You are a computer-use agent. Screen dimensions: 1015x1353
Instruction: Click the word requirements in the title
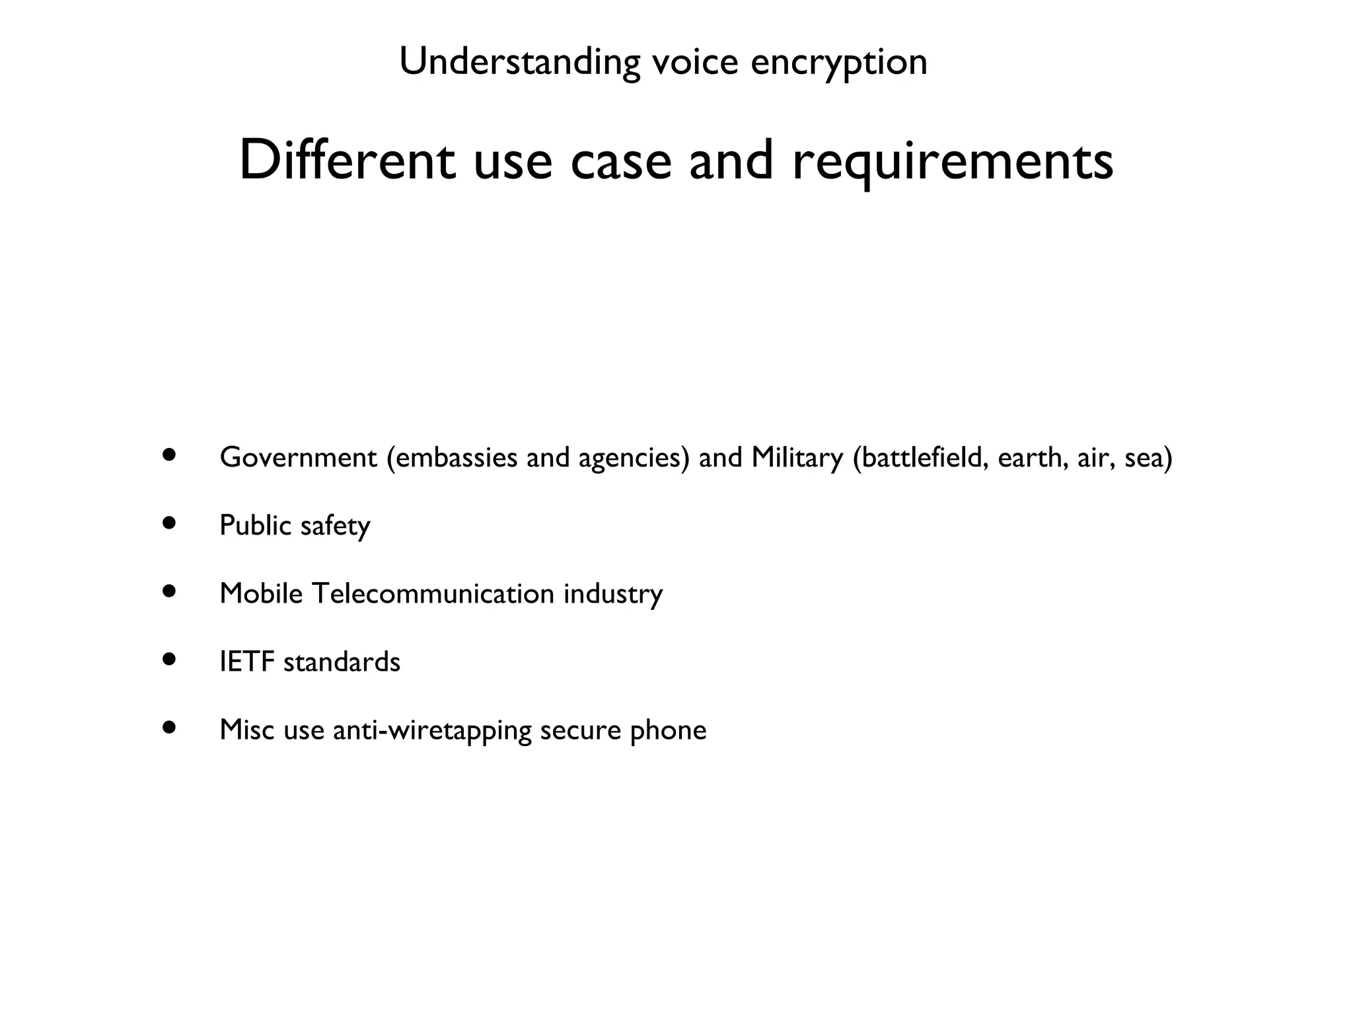pyautogui.click(x=953, y=162)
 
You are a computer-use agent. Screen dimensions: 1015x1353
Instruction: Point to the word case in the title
pyautogui.click(x=620, y=162)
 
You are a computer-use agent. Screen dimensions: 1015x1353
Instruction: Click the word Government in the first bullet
pyautogui.click(x=298, y=457)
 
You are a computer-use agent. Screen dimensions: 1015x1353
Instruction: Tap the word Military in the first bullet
pyautogui.click(x=797, y=457)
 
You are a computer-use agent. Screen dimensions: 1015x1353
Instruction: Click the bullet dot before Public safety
pyautogui.click(x=170, y=523)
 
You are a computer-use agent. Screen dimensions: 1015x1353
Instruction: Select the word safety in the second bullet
pyautogui.click(x=335, y=526)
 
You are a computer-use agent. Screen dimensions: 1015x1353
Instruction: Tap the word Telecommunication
pyautogui.click(x=433, y=593)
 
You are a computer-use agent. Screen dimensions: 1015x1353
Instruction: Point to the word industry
pyautogui.click(x=612, y=593)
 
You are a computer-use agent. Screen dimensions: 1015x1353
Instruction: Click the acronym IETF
pyautogui.click(x=246, y=661)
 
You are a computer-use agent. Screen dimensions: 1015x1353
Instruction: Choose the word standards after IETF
pyautogui.click(x=342, y=661)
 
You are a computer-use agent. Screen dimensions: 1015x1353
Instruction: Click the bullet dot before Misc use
pyautogui.click(x=170, y=727)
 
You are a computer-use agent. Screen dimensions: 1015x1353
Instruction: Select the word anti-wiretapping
pyautogui.click(x=432, y=730)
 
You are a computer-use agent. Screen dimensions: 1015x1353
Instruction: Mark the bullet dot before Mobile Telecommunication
pyautogui.click(x=170, y=591)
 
